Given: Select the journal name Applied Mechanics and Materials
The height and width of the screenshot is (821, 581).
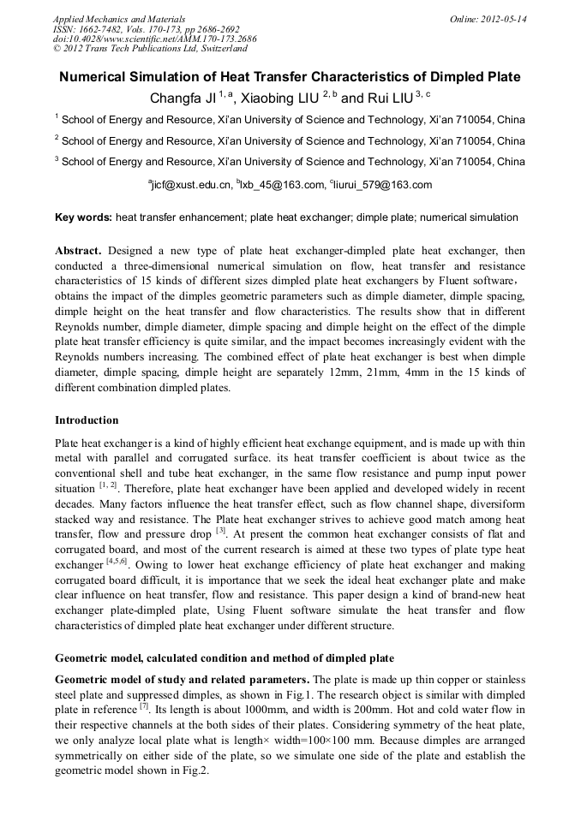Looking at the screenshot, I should click(118, 19).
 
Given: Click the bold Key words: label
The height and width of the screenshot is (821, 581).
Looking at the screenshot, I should click(83, 218).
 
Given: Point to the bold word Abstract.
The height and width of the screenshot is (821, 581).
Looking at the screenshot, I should click(78, 251).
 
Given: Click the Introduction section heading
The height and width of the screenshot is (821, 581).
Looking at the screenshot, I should click(87, 420).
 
